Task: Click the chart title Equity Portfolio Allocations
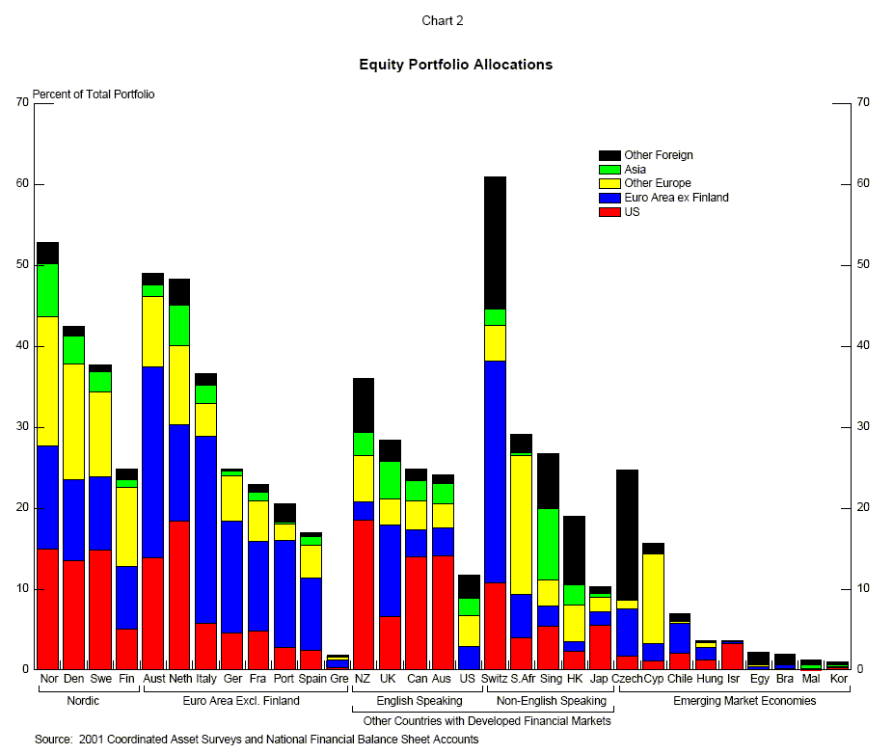point(455,65)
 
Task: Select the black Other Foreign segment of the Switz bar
point(495,243)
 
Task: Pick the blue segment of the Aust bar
point(152,462)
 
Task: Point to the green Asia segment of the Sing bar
point(548,544)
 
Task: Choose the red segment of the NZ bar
point(363,594)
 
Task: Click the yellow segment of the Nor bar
point(48,381)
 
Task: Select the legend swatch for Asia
point(609,170)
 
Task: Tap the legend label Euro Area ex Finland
point(676,198)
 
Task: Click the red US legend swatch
point(609,212)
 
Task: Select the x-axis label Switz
point(494,679)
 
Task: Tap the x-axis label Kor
point(838,679)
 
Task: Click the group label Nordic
point(83,701)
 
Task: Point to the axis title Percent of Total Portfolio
point(94,94)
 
